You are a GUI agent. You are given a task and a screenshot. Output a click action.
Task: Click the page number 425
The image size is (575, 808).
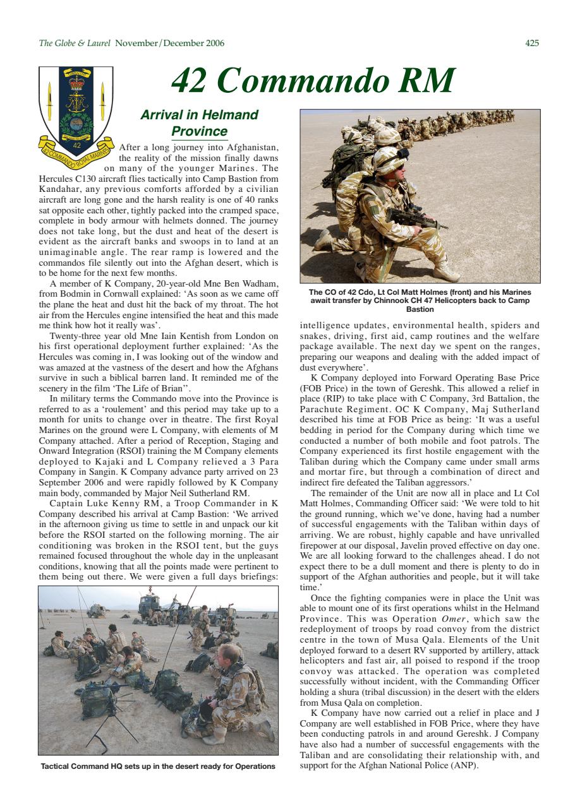click(531, 44)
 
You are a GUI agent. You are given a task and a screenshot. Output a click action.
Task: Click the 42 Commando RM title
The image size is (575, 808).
click(313, 81)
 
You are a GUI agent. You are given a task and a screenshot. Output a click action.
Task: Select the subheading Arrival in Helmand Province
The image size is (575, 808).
click(199, 123)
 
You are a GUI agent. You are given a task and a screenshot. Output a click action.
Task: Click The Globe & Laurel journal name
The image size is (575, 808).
click(75, 44)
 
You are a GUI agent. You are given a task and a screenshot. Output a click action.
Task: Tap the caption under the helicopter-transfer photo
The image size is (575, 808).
click(420, 300)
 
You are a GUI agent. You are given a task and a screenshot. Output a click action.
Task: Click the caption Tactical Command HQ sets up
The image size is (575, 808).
click(158, 766)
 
